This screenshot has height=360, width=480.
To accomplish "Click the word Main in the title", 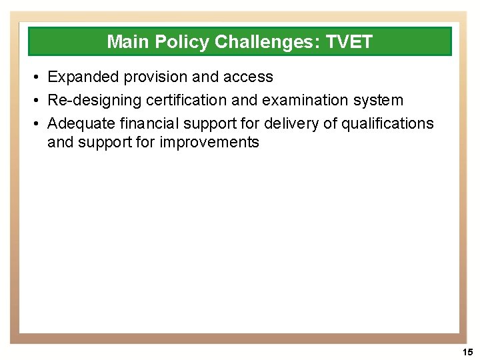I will tap(129, 42).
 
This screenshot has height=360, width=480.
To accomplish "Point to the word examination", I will tap(293, 101).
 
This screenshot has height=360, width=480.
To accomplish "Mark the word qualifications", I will tap(391, 124).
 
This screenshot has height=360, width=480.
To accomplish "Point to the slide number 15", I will tap(467, 352).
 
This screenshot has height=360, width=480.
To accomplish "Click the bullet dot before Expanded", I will tap(35, 78).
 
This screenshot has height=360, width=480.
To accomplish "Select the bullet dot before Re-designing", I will tap(35, 101).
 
